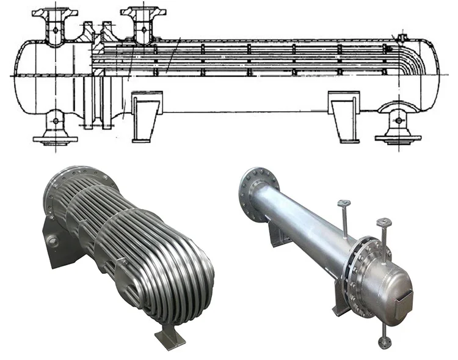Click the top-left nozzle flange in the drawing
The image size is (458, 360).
[56, 12]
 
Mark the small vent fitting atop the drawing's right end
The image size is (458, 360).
[401, 39]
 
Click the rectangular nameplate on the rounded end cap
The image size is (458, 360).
[405, 297]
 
